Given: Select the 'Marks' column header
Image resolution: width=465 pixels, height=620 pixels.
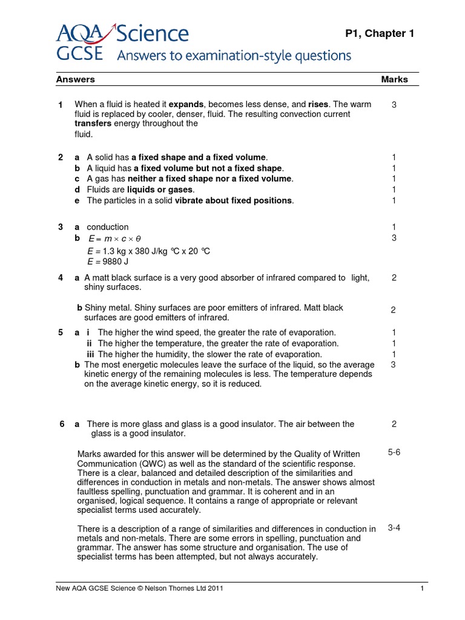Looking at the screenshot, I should pyautogui.click(x=394, y=79).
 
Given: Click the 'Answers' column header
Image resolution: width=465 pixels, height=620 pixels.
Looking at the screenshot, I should pyautogui.click(x=76, y=79).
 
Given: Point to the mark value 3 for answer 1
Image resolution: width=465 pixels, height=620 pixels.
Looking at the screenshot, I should pyautogui.click(x=394, y=105).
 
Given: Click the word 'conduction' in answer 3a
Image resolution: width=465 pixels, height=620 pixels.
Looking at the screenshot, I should pyautogui.click(x=108, y=227).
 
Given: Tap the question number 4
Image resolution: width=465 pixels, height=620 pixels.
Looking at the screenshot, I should pyautogui.click(x=61, y=277).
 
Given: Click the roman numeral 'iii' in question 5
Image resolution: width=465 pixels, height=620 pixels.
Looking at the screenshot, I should pyautogui.click(x=90, y=354).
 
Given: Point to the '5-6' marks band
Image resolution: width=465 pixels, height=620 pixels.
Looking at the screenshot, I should pyautogui.click(x=394, y=452).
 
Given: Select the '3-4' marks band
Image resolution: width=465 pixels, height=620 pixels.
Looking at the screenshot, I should pyautogui.click(x=394, y=527).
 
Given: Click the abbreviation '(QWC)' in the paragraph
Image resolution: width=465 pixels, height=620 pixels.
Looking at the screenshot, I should pyautogui.click(x=142, y=463).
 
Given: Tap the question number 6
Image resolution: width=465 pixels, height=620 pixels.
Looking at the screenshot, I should pyautogui.click(x=61, y=424).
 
